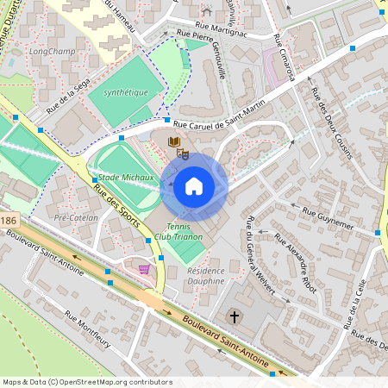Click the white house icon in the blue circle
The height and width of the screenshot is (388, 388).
[x=193, y=186]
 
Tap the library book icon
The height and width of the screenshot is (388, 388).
[x=174, y=141]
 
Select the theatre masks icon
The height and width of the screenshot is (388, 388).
[x=182, y=153]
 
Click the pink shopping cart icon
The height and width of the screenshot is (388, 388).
[x=144, y=270]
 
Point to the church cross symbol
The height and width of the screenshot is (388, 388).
[x=234, y=317]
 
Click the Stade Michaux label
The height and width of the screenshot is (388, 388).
[x=120, y=176]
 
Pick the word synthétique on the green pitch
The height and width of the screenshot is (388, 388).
[x=126, y=92]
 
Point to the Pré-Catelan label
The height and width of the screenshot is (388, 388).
[x=76, y=218]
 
